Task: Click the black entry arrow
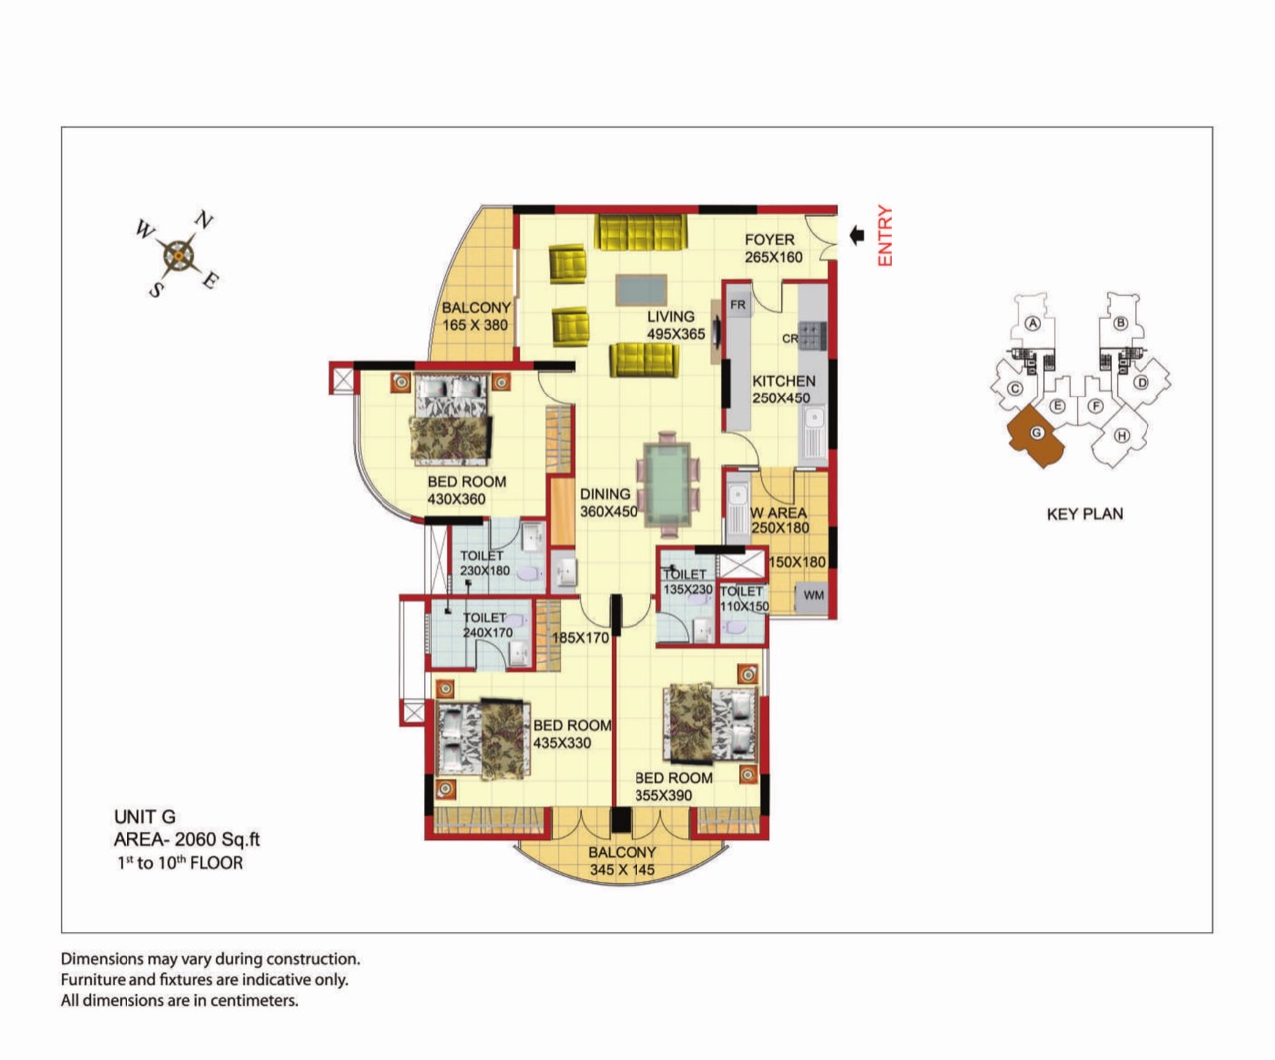click(x=857, y=236)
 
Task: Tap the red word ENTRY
click(x=885, y=236)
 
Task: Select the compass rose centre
click(x=178, y=256)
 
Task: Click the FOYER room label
click(x=769, y=240)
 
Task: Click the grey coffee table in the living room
click(x=640, y=290)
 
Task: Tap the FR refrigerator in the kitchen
click(x=738, y=304)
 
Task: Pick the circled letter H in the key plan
click(x=1122, y=436)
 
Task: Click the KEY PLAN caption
click(x=1085, y=514)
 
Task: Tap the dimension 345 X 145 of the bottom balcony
click(x=623, y=870)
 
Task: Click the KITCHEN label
click(x=784, y=381)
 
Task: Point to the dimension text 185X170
click(x=580, y=638)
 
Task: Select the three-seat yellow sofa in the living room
click(x=640, y=232)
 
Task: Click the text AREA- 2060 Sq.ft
click(x=187, y=840)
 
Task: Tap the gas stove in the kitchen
click(x=812, y=336)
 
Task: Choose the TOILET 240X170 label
click(x=487, y=625)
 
